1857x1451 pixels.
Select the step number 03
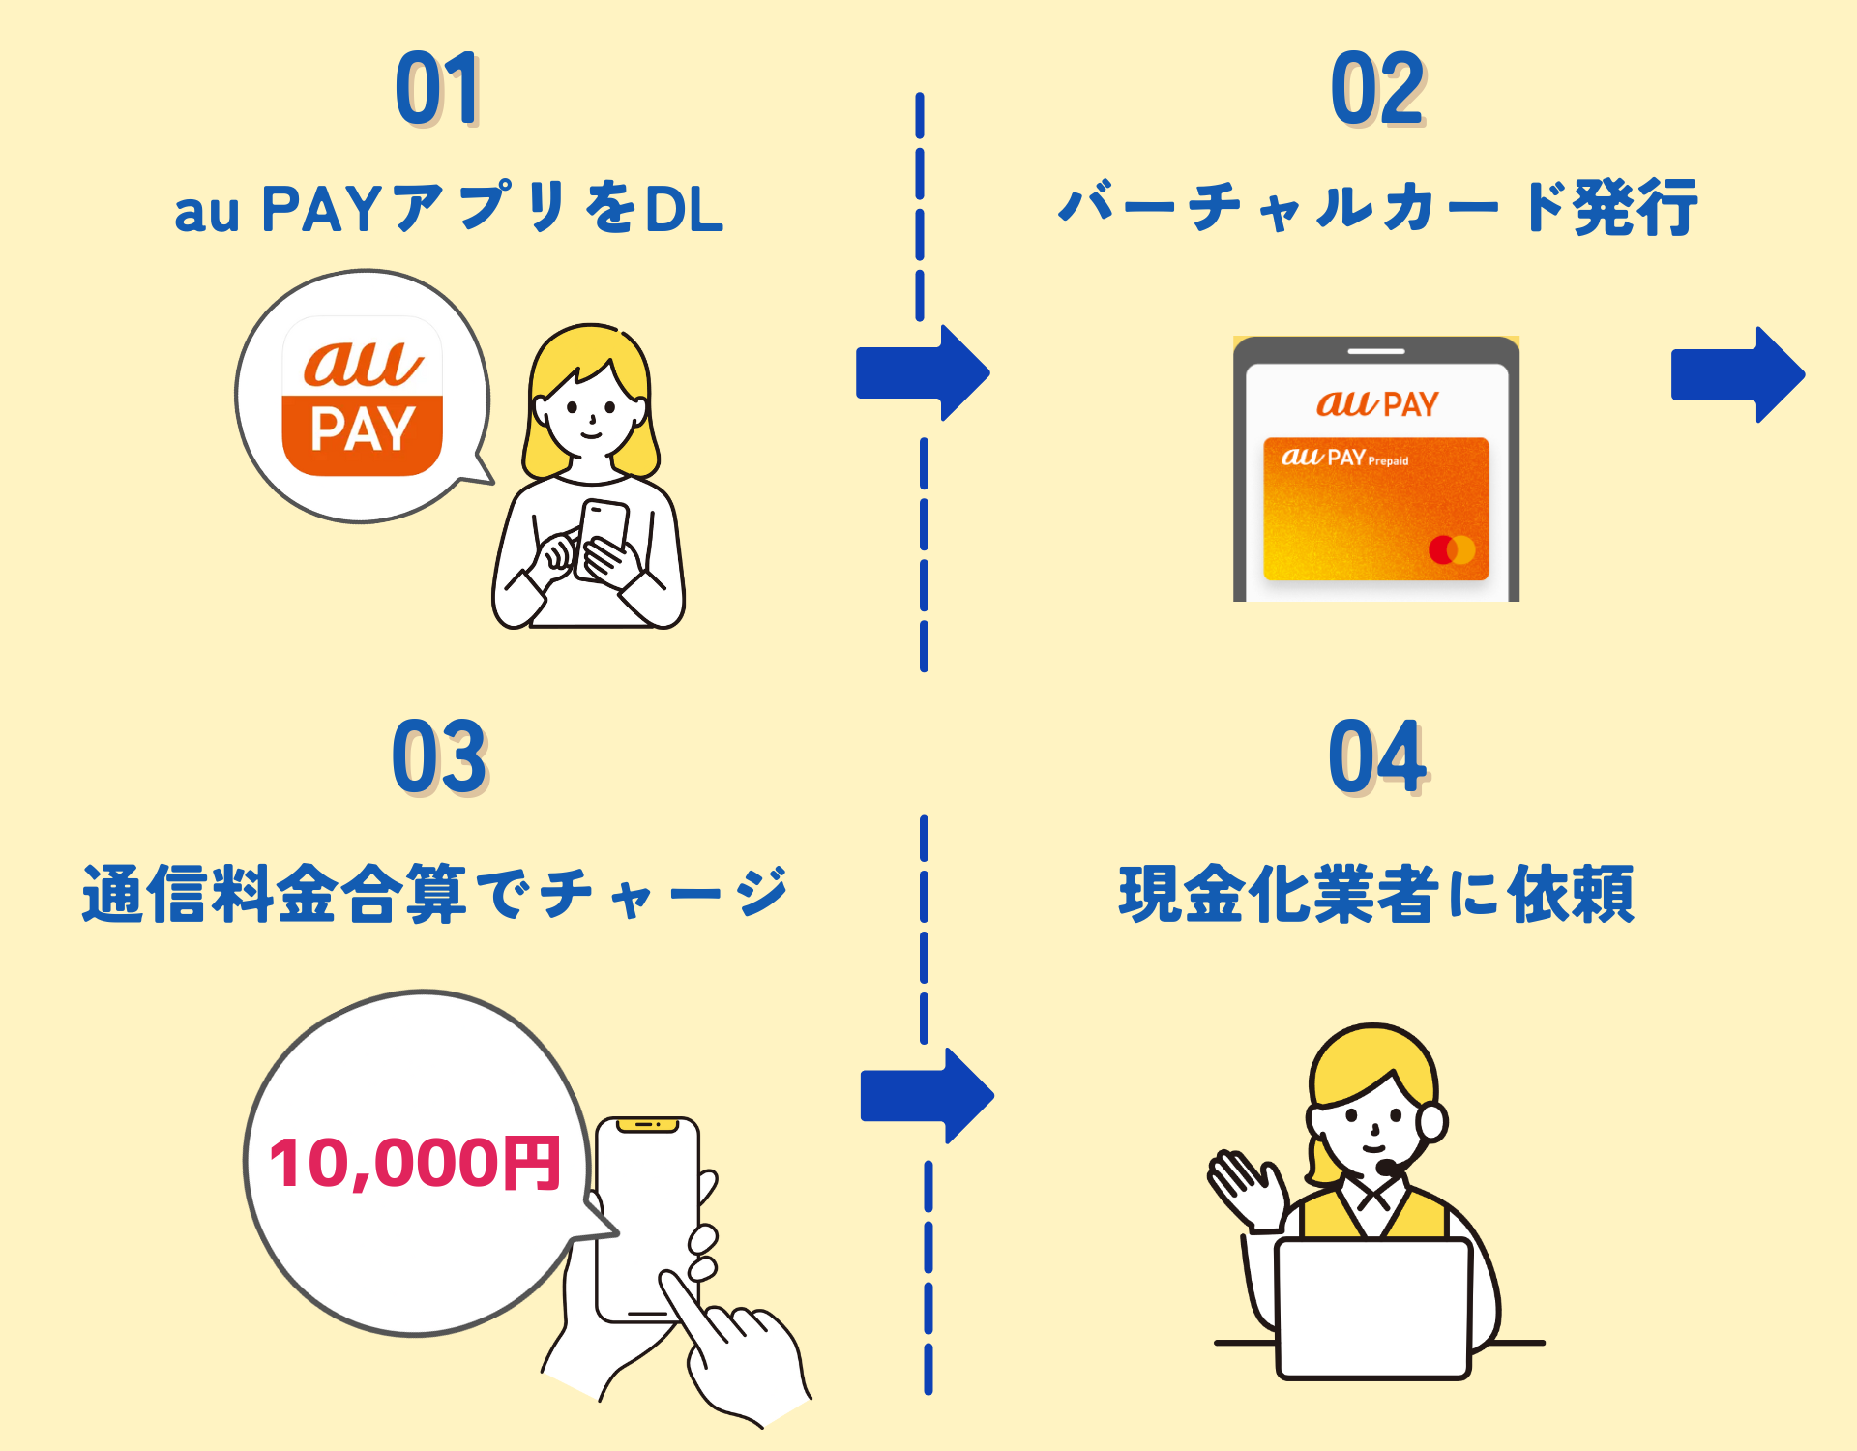pos(439,756)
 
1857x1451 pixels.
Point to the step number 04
pos(1377,756)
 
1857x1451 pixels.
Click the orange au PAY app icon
pos(362,396)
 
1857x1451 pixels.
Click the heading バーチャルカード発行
pos(1377,207)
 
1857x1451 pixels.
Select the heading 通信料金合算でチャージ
pos(435,893)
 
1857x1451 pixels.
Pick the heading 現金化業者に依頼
pos(1376,893)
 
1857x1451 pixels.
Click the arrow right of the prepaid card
pos(1737,374)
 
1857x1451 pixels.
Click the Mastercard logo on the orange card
pos(1452,549)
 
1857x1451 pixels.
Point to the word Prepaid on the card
pos(1388,461)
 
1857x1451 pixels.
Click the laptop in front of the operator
pos(1373,1306)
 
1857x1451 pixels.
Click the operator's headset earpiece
pos(1431,1122)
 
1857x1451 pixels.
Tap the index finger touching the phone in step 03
pos(682,1301)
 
